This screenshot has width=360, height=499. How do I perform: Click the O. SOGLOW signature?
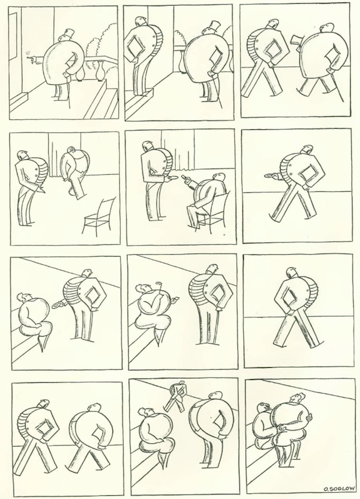tap(338, 489)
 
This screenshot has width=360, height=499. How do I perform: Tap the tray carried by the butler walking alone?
tap(271, 175)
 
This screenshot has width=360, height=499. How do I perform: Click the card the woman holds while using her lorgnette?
tap(174, 299)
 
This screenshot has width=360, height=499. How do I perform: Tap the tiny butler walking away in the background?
tap(176, 396)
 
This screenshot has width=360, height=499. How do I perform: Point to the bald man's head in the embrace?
tap(298, 398)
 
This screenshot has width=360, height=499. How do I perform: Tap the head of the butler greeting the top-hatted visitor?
tap(140, 22)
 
